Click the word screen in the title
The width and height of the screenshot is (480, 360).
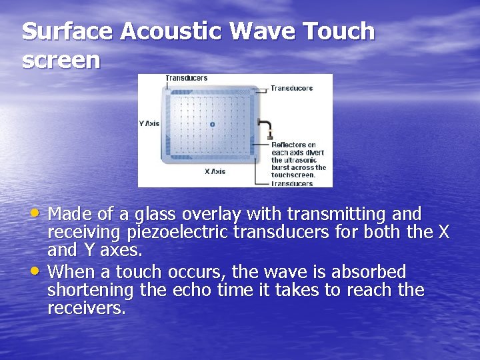(61, 61)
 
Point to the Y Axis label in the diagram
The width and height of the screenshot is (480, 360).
(149, 123)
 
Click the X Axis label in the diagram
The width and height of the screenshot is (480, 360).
(215, 171)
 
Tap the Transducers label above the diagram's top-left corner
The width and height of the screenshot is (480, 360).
(187, 78)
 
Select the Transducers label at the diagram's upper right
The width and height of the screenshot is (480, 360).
(292, 88)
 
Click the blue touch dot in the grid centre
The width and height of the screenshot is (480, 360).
(212, 124)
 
